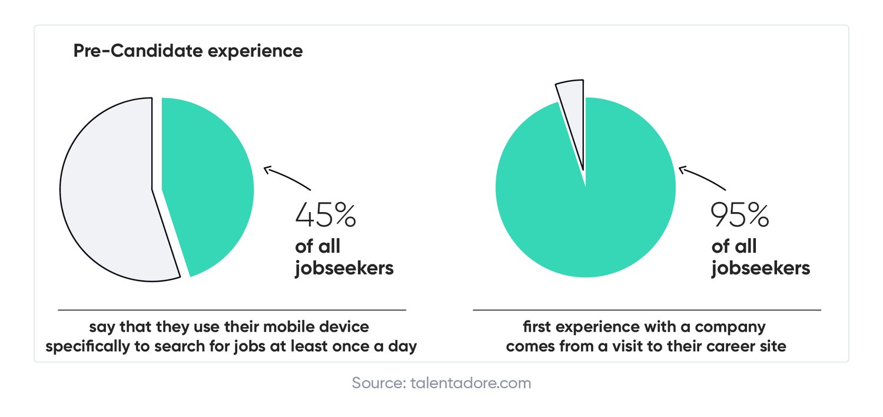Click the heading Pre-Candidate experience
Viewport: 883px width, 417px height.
click(188, 51)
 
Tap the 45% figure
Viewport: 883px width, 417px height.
click(325, 216)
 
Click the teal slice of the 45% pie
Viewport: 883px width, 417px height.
click(209, 183)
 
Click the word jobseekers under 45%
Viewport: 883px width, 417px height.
click(344, 269)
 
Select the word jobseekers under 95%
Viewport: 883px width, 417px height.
click(760, 269)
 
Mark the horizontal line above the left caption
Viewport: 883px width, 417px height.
click(232, 310)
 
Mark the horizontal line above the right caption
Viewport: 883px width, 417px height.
click(647, 310)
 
